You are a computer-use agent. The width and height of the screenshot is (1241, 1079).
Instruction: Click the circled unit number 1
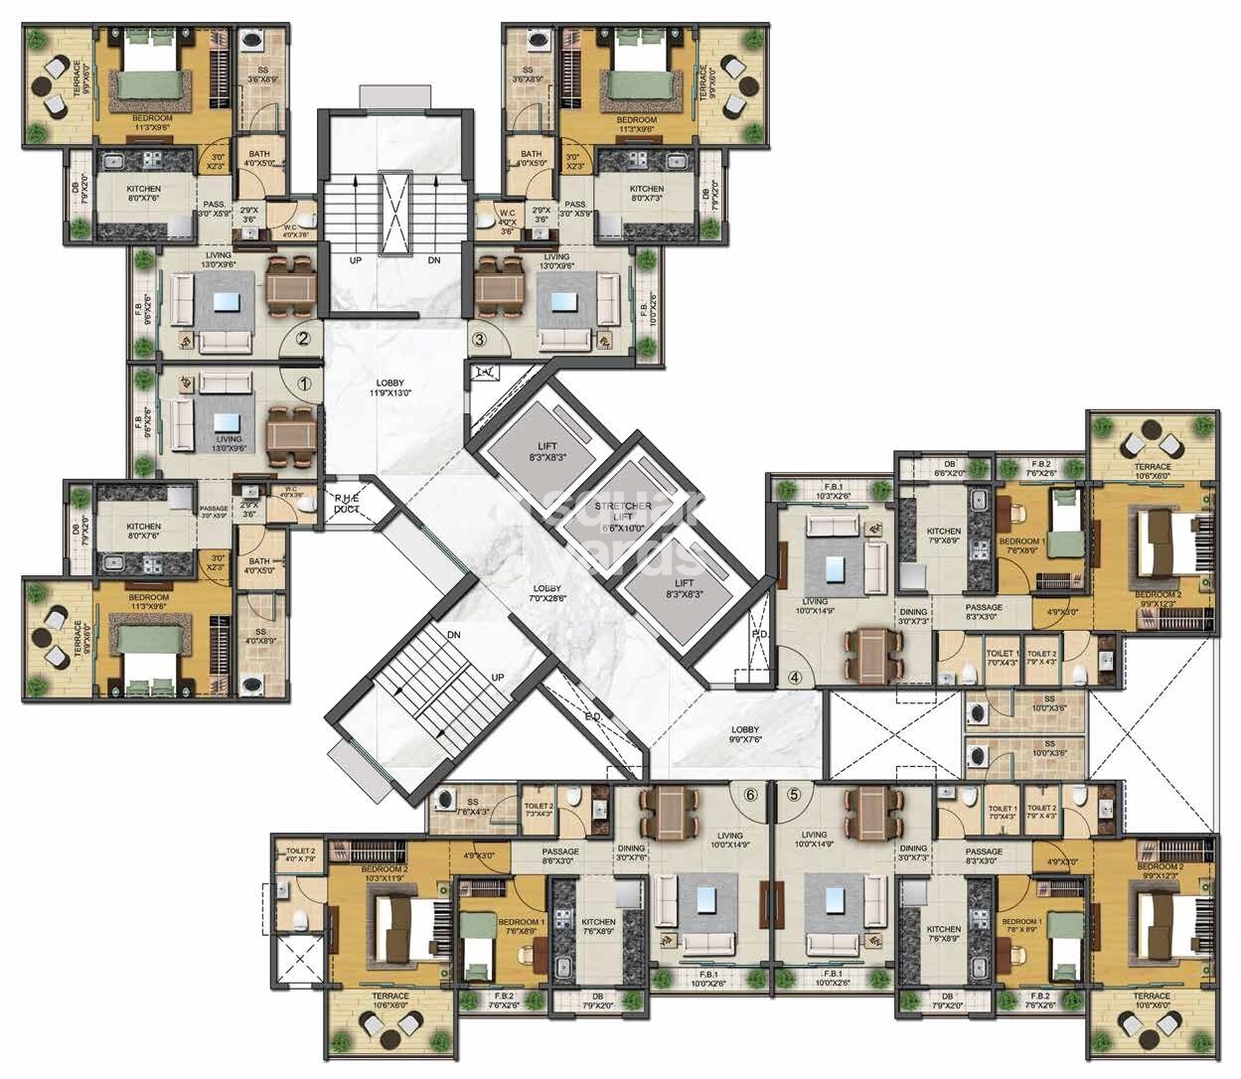[304, 380]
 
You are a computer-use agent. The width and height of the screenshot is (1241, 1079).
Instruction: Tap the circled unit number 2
[304, 338]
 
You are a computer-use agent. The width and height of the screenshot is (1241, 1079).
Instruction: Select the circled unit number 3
[479, 338]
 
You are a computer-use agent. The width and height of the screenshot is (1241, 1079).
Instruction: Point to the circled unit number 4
[795, 679]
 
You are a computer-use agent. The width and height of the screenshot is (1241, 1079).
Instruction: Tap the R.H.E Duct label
[346, 504]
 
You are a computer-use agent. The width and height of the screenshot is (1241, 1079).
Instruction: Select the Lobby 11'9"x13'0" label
[389, 388]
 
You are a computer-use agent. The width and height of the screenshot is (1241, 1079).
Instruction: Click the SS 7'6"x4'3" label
[473, 807]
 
